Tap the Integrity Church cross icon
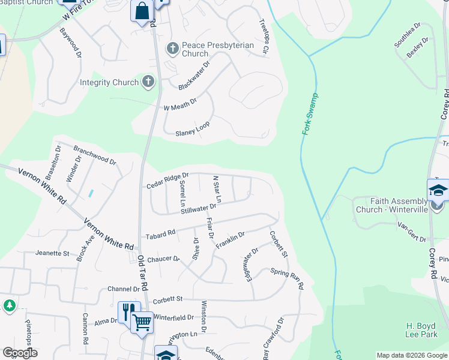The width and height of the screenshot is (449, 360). (149, 82)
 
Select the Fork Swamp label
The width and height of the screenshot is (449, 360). (310, 114)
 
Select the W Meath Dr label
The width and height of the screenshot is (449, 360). (180, 105)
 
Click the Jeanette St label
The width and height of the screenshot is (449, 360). (52, 253)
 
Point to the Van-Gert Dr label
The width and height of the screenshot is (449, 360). (411, 229)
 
